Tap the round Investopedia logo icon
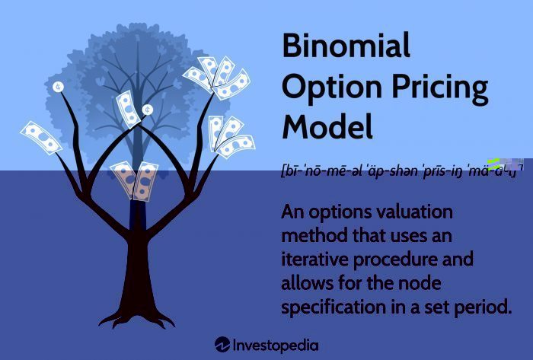pos(222,345)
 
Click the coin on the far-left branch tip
pos(59,87)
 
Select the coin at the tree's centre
pos(147,110)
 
